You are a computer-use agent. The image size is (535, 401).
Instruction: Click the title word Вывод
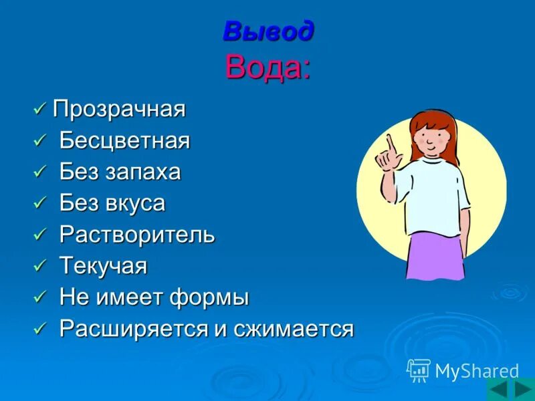[x=267, y=31]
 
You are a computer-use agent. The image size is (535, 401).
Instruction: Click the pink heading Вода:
[x=267, y=67]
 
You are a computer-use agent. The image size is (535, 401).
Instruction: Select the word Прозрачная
[x=119, y=109]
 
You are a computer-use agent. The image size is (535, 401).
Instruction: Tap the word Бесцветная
[x=125, y=141]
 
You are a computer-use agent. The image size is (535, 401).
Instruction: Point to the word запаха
[x=142, y=172]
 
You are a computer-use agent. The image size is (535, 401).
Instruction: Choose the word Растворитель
[x=137, y=235]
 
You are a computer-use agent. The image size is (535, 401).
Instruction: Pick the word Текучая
[x=104, y=267]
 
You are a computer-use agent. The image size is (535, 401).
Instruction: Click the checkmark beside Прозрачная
[x=40, y=108]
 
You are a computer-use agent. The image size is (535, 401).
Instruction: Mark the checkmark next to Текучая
[x=40, y=266]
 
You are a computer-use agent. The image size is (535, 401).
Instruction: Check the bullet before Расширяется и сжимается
[x=40, y=328]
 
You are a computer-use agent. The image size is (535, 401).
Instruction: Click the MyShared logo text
[x=477, y=371]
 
